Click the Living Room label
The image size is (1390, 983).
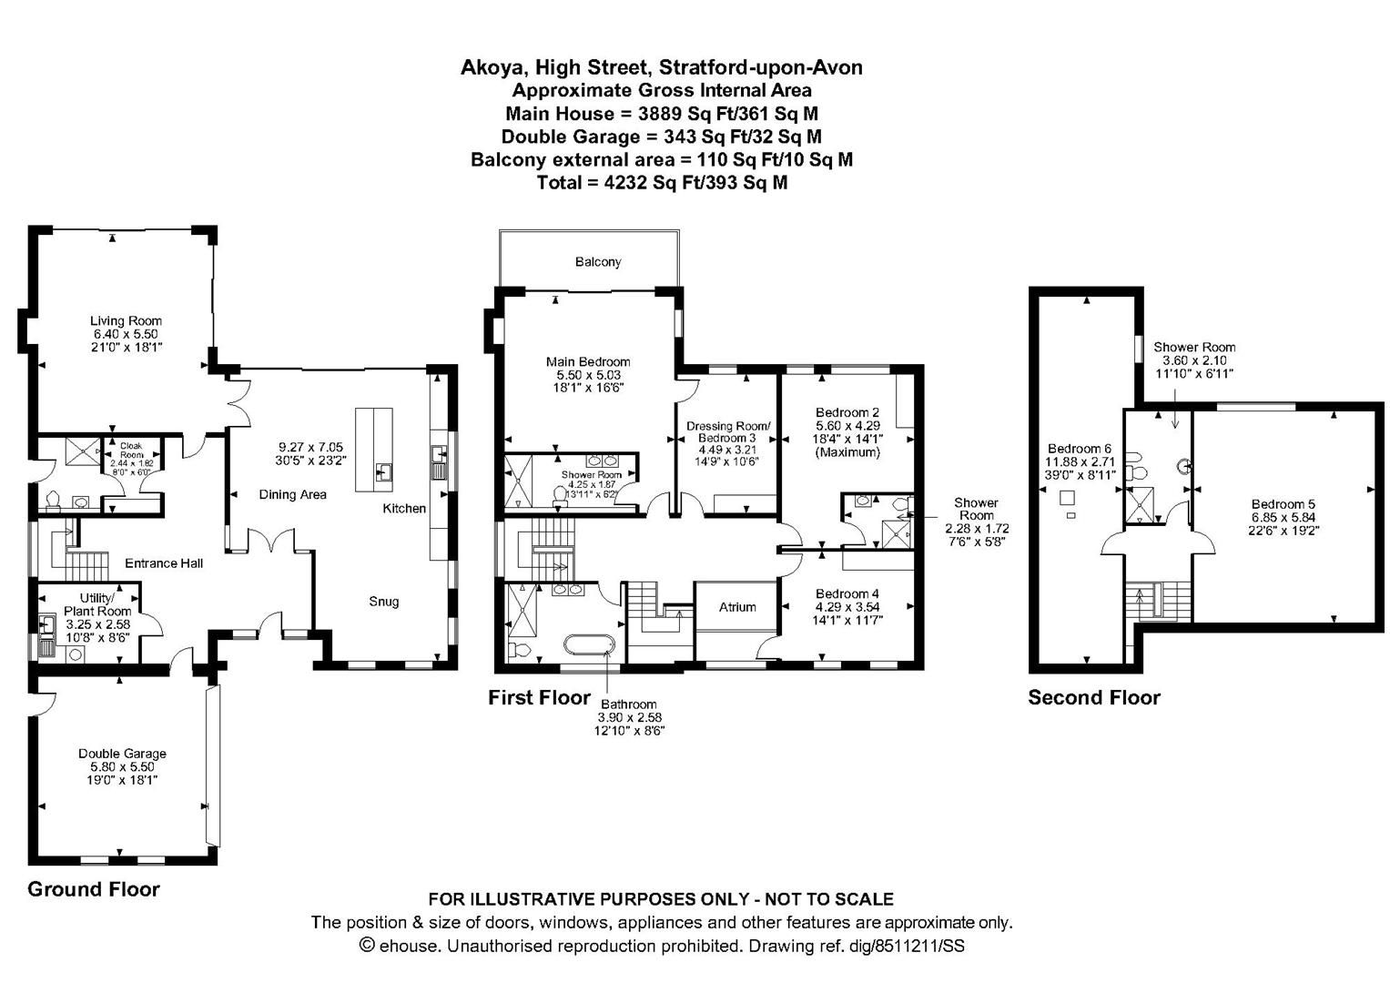pyautogui.click(x=126, y=320)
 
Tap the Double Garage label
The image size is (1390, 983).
pyautogui.click(x=122, y=754)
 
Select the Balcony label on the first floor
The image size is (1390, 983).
pyautogui.click(x=598, y=262)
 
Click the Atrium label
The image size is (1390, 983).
pyautogui.click(x=737, y=607)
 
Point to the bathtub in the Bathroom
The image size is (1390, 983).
pyautogui.click(x=590, y=645)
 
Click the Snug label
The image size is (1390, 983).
pyautogui.click(x=383, y=602)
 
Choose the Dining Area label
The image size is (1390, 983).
pyautogui.click(x=292, y=495)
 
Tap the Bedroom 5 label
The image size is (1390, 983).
pyautogui.click(x=1283, y=504)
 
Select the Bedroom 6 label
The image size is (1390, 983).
pyautogui.click(x=1080, y=449)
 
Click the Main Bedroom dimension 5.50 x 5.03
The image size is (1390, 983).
pyautogui.click(x=588, y=375)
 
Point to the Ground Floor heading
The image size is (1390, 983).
pyautogui.click(x=94, y=889)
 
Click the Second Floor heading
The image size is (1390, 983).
pyautogui.click(x=1094, y=698)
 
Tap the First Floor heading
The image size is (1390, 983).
pyautogui.click(x=539, y=698)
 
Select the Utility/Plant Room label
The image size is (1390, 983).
pyautogui.click(x=98, y=604)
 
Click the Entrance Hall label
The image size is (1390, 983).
pyautogui.click(x=164, y=563)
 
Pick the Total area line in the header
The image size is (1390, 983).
pyautogui.click(x=662, y=183)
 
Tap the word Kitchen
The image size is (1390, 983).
pyautogui.click(x=404, y=509)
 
